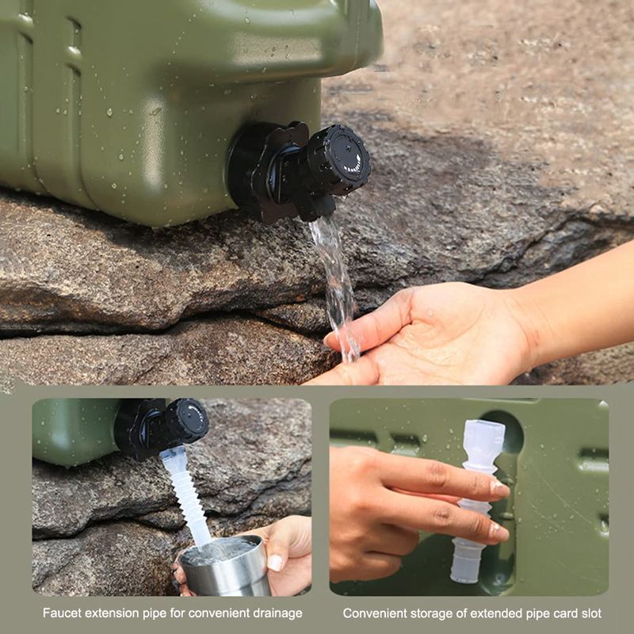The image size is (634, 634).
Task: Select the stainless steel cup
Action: (x=225, y=567)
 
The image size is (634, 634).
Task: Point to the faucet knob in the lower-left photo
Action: (x=187, y=421)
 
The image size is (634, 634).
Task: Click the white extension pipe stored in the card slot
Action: (x=476, y=501)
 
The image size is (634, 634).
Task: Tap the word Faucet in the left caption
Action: (x=62, y=613)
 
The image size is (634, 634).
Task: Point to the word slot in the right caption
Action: (x=591, y=613)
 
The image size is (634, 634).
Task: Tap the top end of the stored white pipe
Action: (x=484, y=422)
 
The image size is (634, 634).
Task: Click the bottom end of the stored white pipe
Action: (x=465, y=579)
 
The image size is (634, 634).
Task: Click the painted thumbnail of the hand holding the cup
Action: (x=275, y=563)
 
